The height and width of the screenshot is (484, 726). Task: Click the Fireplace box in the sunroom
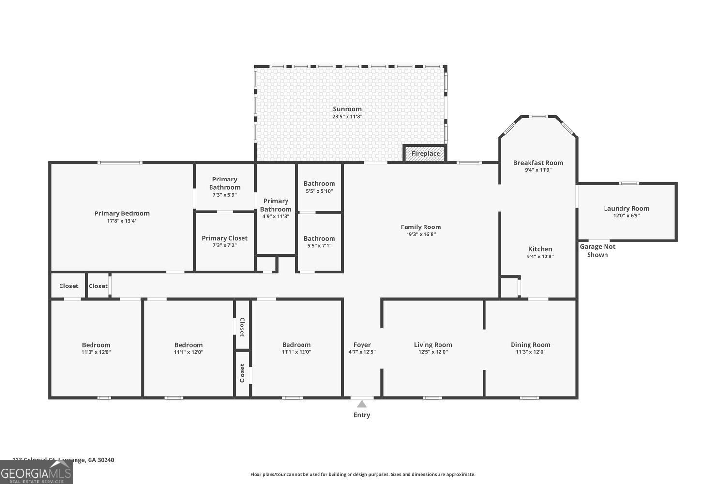(x=425, y=153)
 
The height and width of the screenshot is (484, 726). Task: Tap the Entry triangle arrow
(x=362, y=404)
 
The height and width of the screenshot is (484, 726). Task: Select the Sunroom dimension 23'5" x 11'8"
(x=347, y=117)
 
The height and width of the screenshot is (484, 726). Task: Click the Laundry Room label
(x=626, y=208)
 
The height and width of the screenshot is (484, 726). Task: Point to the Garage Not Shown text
(x=598, y=250)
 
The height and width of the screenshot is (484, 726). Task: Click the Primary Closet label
(x=225, y=238)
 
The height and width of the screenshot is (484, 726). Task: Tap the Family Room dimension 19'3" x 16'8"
(x=421, y=234)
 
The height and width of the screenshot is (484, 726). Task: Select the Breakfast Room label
(x=538, y=163)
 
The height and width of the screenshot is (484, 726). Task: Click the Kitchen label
(x=540, y=249)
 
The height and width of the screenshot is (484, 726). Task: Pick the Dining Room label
(x=530, y=345)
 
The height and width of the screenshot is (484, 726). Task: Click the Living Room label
(x=433, y=345)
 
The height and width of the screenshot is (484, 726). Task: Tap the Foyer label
(x=362, y=345)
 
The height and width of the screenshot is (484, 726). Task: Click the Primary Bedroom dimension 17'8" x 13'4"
(x=121, y=221)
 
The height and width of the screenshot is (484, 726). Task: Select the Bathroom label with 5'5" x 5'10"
(x=319, y=183)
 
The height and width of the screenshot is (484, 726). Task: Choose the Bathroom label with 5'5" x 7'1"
(x=319, y=238)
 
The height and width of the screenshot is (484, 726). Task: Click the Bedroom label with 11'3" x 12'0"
(x=96, y=345)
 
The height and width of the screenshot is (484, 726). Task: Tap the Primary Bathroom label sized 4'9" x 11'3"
(x=276, y=205)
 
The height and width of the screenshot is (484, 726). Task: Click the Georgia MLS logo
(x=36, y=472)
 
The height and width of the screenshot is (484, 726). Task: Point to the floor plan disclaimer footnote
(x=363, y=474)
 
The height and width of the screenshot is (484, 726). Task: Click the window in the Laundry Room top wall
(x=629, y=183)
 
